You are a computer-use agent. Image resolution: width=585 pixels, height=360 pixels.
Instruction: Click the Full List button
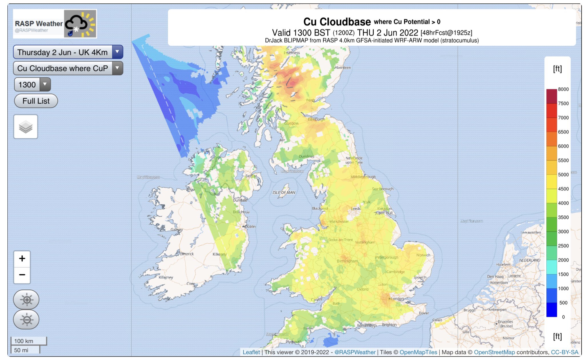pos(36,101)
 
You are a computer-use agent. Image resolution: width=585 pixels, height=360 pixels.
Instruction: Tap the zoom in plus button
pos(22,259)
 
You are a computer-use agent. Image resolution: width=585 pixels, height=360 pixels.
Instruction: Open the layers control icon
pos(26,127)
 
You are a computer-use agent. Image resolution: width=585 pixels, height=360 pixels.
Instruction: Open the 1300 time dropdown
pos(32,85)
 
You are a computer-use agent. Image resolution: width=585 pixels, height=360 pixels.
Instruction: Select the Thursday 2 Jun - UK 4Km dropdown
pos(68,52)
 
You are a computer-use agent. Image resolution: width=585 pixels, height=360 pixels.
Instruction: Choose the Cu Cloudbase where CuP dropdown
pos(68,68)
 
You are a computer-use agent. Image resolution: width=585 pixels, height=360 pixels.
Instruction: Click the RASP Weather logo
pos(55,24)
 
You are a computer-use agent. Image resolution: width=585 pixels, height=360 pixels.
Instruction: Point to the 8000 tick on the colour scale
pos(563,89)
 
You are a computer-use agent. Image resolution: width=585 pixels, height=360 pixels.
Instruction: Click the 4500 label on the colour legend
pos(563,189)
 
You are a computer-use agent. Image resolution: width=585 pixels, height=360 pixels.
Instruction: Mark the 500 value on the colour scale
pos(563,303)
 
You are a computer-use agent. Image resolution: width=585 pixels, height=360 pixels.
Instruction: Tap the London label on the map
pos(397,299)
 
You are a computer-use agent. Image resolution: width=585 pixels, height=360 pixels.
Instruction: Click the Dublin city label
pos(250,227)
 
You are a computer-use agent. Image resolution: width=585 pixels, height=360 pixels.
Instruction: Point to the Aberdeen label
pos(342,68)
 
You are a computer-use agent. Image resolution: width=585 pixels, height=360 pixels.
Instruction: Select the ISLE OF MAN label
pos(284,193)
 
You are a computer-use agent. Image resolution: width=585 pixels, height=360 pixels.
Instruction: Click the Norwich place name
pos(423,255)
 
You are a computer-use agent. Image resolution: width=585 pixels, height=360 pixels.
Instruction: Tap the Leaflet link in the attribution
pos(251,352)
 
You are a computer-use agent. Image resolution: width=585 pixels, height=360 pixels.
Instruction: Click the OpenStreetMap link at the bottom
pos(494,352)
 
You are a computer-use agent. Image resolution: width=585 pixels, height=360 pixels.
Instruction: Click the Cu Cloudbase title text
pos(337,22)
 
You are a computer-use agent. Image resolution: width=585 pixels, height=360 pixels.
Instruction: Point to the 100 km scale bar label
pos(24,341)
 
